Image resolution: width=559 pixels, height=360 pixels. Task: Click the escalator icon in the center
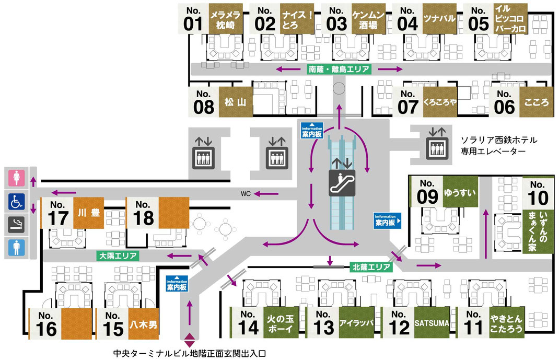(x=342, y=182)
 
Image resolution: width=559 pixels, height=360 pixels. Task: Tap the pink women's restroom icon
(x=16, y=178)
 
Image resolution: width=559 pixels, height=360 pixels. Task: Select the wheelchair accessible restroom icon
(x=16, y=201)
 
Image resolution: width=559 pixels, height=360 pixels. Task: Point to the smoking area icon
(x=16, y=225)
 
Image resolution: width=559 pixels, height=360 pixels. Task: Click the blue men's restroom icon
(x=16, y=248)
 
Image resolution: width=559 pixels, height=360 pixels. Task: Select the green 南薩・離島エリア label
(x=339, y=69)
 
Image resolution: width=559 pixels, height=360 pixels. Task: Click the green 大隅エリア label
(x=118, y=256)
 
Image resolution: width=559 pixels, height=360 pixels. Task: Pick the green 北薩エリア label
(x=371, y=267)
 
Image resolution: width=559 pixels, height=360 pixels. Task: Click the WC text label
(x=246, y=194)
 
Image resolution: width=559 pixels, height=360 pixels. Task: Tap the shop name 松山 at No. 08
(x=235, y=102)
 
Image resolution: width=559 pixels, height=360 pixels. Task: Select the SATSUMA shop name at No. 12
(x=432, y=323)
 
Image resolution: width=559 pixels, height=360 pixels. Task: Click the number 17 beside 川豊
(x=58, y=218)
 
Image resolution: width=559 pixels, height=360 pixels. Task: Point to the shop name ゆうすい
(x=460, y=193)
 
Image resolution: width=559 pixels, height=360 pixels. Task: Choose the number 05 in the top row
(x=478, y=24)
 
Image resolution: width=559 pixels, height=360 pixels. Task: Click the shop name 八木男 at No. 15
(x=143, y=324)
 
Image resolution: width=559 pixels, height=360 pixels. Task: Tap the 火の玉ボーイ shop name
(x=281, y=323)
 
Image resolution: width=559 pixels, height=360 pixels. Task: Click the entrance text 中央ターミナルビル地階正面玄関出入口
(x=190, y=354)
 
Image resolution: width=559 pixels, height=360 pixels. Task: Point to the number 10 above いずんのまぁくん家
(x=538, y=198)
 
